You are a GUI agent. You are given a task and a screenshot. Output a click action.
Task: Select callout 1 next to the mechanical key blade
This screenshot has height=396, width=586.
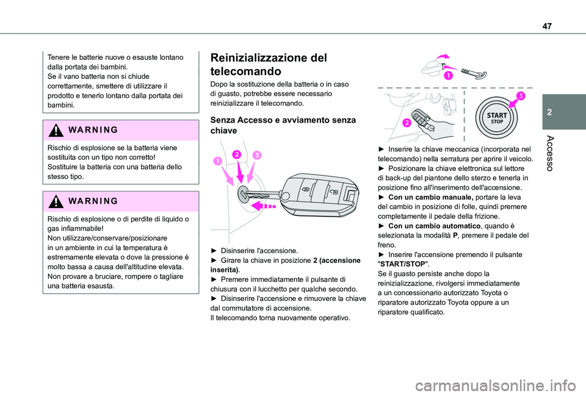pyautogui.click(x=448, y=75)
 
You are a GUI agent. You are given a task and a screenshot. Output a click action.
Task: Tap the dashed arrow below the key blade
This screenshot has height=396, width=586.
pyautogui.click(x=264, y=206)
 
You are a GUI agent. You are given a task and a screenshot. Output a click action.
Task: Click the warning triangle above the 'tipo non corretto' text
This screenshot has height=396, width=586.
pyautogui.click(x=57, y=131)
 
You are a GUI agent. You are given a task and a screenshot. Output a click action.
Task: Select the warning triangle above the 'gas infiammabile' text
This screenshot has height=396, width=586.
pyautogui.click(x=57, y=201)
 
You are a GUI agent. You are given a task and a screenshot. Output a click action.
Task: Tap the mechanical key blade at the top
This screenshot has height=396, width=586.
pyautogui.click(x=476, y=72)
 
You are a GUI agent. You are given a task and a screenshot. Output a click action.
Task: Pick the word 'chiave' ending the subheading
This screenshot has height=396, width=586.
pyautogui.click(x=223, y=131)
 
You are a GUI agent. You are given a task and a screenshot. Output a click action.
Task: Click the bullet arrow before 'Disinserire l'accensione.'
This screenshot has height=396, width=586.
pyautogui.click(x=214, y=251)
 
